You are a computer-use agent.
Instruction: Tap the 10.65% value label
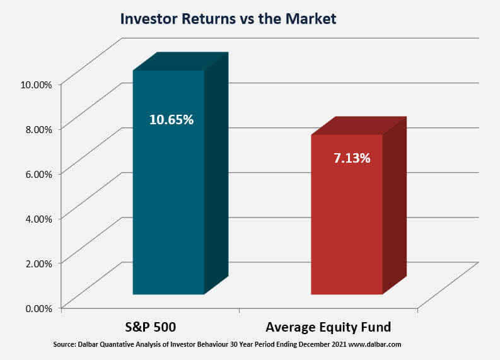tap(172, 120)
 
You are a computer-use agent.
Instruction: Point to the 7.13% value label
tap(352, 158)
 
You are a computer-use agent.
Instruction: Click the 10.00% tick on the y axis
tap(36, 85)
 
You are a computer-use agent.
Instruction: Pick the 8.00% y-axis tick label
tap(38, 129)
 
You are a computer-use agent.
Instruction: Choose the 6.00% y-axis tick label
tap(38, 174)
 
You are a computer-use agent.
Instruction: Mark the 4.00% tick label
tap(38, 219)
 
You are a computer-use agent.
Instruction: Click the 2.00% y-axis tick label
tap(38, 264)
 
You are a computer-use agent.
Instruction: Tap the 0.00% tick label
tap(38, 309)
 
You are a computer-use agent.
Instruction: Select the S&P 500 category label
tap(150, 327)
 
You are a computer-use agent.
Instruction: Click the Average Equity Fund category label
tap(328, 327)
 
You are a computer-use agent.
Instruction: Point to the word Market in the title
tap(311, 18)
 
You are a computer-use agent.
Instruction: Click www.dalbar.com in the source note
tap(375, 345)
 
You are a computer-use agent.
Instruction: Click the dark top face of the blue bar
tap(180, 61)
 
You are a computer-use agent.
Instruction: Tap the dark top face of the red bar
tap(359, 125)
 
